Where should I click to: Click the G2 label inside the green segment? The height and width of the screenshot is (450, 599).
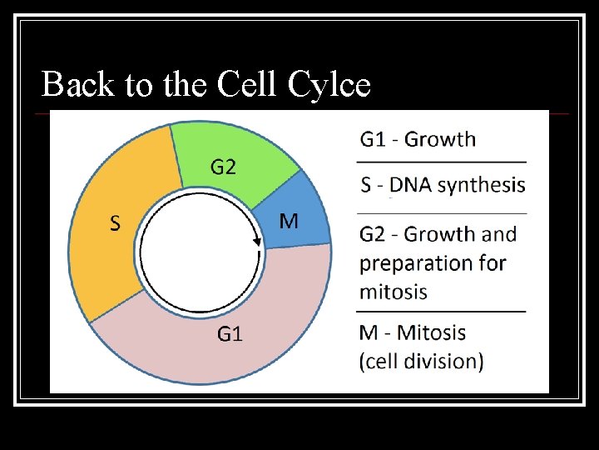coord(222,167)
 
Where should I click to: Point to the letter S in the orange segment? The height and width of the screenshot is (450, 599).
coord(116,222)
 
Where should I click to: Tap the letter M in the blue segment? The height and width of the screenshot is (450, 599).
coord(289,221)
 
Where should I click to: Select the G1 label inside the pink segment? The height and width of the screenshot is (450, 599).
coord(230,334)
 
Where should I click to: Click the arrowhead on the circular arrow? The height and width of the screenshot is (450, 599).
coord(257,241)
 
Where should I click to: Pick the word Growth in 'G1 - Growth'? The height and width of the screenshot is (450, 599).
coord(440,138)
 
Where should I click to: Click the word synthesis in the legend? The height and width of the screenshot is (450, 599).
coord(480,184)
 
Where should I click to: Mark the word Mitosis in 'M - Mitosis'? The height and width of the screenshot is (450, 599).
coord(432,332)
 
